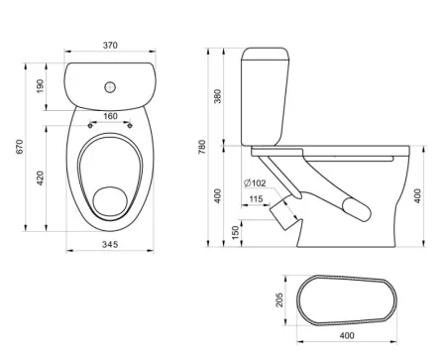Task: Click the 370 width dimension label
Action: tap(110, 46)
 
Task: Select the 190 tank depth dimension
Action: tap(40, 86)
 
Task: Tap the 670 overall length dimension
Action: tap(20, 147)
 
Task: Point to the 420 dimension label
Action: tap(40, 178)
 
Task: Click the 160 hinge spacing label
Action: tap(110, 116)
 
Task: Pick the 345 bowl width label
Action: tap(110, 245)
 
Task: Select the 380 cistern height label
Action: tap(217, 96)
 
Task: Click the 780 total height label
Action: tap(201, 147)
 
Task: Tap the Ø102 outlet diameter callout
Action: tap(255, 182)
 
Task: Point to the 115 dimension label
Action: tap(256, 199)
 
